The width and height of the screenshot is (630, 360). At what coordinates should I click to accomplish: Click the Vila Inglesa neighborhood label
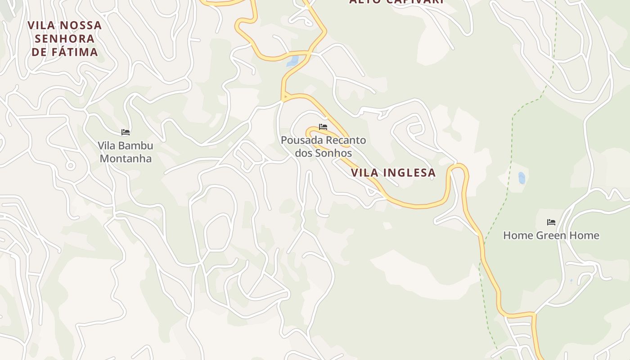pyautogui.click(x=393, y=172)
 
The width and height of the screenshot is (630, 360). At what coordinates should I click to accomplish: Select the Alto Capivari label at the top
pyautogui.click(x=396, y=1)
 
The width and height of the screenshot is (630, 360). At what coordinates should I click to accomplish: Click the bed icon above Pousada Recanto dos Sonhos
pyautogui.click(x=323, y=127)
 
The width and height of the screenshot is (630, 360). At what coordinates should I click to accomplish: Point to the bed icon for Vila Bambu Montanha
pyautogui.click(x=126, y=132)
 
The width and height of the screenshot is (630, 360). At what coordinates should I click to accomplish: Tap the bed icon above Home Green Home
pyautogui.click(x=551, y=222)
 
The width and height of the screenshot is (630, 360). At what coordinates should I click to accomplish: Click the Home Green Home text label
pyautogui.click(x=551, y=235)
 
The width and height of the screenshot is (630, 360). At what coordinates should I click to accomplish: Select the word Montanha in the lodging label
pyautogui.click(x=126, y=158)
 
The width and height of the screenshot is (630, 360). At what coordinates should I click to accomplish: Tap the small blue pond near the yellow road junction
pyautogui.click(x=292, y=61)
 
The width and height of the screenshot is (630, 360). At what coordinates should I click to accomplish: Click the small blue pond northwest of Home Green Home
pyautogui.click(x=522, y=178)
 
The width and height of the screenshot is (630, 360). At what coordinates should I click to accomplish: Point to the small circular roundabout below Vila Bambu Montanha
pyautogui.click(x=70, y=166)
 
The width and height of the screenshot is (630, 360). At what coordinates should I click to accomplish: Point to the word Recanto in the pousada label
pyautogui.click(x=346, y=140)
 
